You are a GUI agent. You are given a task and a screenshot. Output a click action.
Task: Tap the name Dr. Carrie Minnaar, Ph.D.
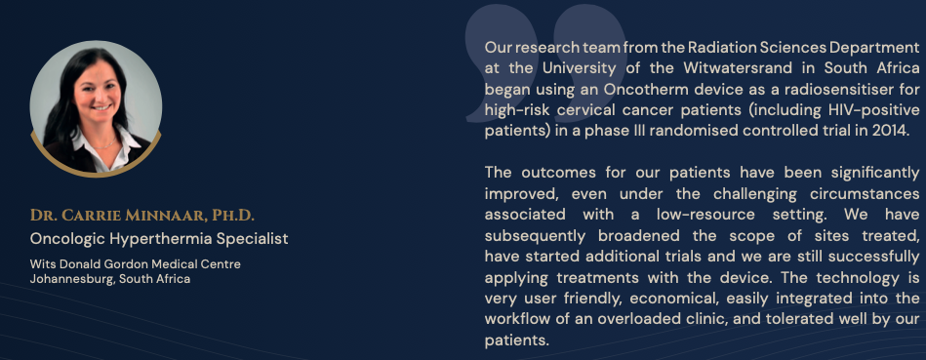[142, 216]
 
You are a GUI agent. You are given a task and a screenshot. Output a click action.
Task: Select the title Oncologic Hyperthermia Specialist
[159, 239]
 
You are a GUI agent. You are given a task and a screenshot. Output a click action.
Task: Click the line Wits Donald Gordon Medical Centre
[136, 264]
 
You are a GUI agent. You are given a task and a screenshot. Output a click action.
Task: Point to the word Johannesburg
[71, 279]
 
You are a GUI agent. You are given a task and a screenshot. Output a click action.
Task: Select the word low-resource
[705, 215]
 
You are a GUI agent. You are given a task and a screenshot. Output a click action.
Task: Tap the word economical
[671, 299]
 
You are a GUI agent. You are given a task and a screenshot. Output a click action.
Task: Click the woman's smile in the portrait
[101, 106]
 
